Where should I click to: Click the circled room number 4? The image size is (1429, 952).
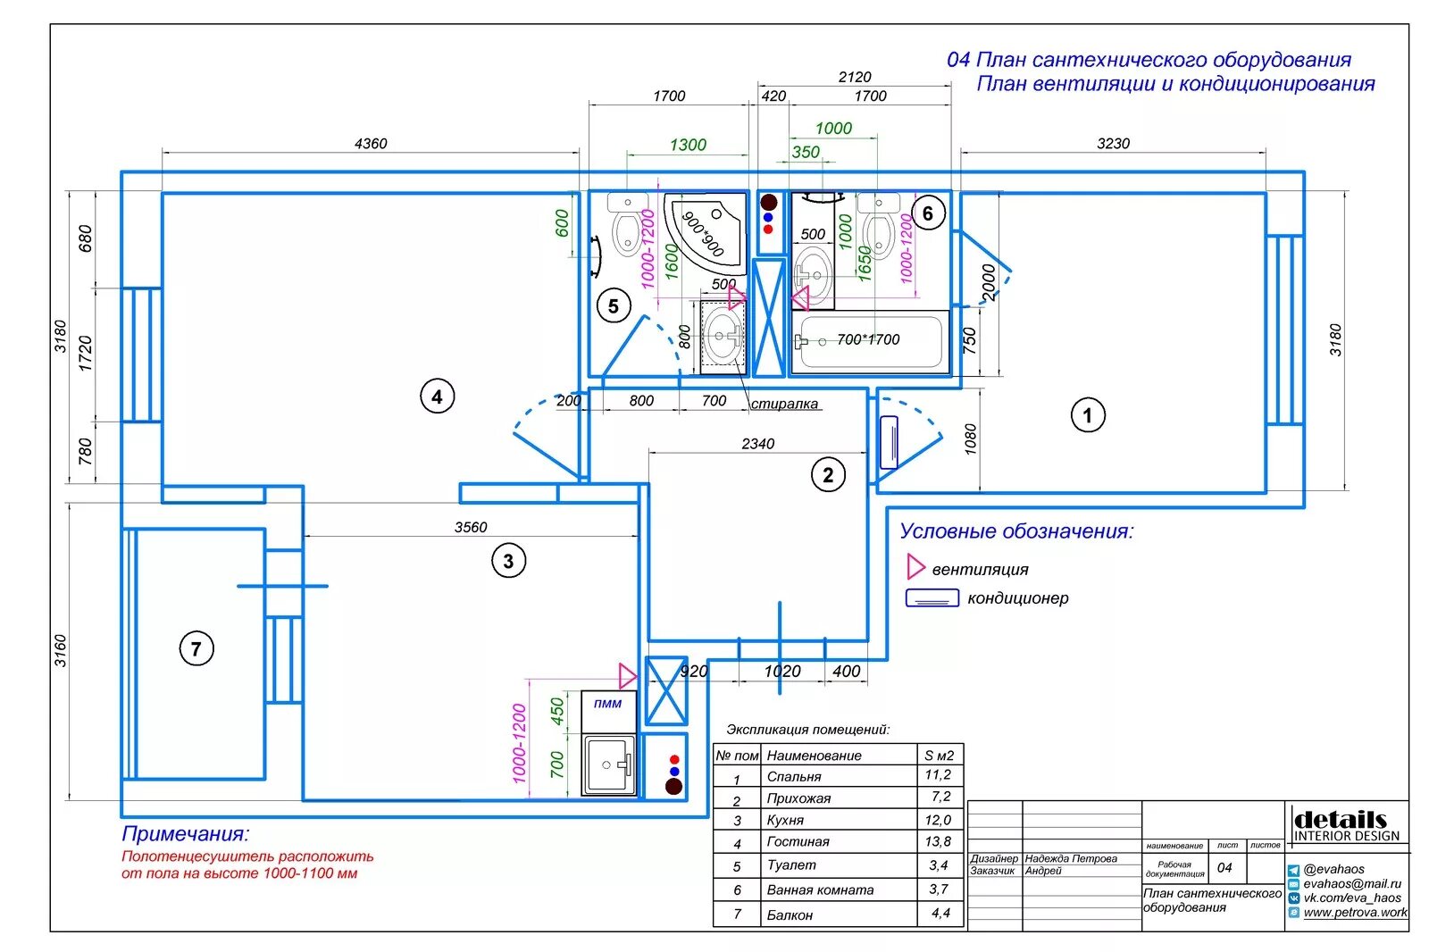[x=437, y=397]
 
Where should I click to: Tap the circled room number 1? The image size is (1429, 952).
[x=1087, y=415]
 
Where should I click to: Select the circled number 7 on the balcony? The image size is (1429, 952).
[x=196, y=648]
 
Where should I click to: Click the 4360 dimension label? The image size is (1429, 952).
[x=371, y=144]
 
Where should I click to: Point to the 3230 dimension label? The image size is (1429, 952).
[x=1113, y=144]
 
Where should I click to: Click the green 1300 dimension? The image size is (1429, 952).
[x=688, y=145]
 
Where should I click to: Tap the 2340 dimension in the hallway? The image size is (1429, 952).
[x=757, y=444]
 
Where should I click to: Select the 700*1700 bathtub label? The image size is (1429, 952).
[x=868, y=339]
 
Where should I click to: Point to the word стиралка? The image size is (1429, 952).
[x=784, y=404]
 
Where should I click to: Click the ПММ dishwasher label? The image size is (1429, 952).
[x=607, y=704]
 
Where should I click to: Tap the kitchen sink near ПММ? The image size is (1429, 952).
[x=609, y=764]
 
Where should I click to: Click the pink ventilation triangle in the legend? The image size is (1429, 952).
[x=915, y=567]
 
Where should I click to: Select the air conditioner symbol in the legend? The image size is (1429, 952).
[x=932, y=598]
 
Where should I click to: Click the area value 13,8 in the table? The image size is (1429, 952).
[x=938, y=841]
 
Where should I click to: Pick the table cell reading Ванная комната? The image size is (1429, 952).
[x=820, y=889]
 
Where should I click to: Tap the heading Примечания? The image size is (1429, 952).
[x=186, y=834]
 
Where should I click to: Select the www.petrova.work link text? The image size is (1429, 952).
[x=1355, y=913]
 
